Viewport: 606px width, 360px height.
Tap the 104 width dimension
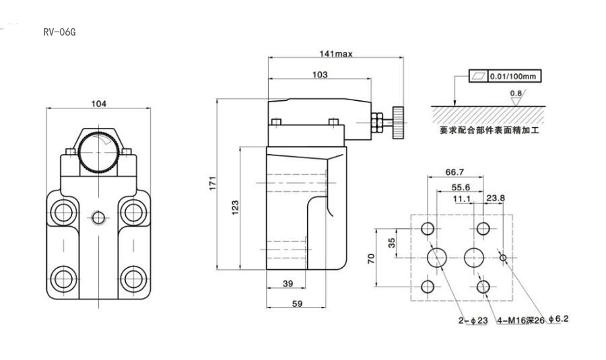tap(98, 104)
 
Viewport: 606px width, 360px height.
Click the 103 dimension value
tap(321, 75)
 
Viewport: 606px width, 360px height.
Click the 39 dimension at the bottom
tap(288, 284)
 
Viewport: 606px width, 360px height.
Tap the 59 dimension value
tap(296, 303)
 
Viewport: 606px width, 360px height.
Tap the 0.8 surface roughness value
tap(516, 93)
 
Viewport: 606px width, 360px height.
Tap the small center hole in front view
tap(99, 217)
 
